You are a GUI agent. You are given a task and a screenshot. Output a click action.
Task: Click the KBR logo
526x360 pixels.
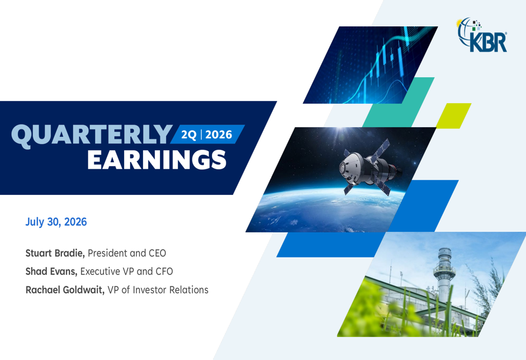482,35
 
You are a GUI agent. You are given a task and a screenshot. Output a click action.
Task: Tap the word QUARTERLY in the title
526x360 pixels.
92,136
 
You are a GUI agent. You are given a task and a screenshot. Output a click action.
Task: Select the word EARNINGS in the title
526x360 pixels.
157,160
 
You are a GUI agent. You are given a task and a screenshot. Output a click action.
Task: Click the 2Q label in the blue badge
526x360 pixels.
188,135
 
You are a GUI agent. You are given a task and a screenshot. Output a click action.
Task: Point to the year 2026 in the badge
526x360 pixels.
219,135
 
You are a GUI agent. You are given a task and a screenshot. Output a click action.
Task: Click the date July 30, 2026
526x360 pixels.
56,222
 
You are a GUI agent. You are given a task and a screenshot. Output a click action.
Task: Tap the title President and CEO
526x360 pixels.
127,253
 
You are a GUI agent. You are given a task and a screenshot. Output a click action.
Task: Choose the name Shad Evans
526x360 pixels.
52,271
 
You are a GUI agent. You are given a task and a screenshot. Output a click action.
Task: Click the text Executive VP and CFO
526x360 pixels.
126,271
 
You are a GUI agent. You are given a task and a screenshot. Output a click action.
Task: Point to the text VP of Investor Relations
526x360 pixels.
158,290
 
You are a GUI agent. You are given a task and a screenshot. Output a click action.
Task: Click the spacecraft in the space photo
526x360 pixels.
369,167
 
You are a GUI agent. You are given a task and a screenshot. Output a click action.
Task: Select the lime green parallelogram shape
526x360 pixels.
453,116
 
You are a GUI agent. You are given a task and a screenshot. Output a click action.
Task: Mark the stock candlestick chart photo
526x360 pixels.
370,65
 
